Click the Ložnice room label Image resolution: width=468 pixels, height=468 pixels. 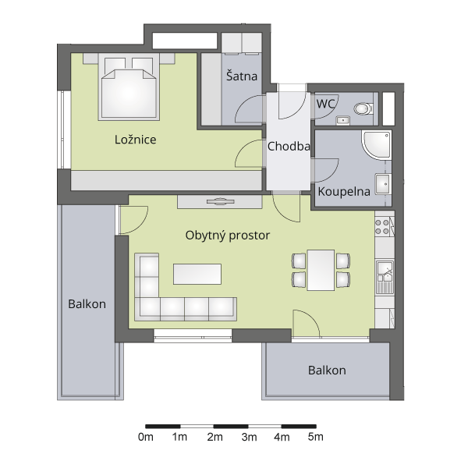click(136, 140)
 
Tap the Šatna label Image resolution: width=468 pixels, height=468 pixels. click(242, 76)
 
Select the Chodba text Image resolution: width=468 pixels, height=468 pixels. click(289, 147)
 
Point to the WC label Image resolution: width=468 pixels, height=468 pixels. click(325, 104)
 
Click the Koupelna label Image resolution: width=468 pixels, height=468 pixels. click(344, 191)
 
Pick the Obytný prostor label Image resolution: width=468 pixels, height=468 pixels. click(228, 236)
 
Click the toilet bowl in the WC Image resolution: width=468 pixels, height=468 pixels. click(363, 108)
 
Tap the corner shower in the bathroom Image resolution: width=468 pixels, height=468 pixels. click(377, 145)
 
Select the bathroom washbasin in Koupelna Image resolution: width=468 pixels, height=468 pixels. click(383, 184)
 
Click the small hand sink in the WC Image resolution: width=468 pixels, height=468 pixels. click(343, 120)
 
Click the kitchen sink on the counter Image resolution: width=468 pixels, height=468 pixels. click(385, 277)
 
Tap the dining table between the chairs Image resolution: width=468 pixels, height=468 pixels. click(321, 270)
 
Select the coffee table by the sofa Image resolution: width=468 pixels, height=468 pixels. click(197, 274)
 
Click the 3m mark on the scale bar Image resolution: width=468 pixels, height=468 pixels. click(249, 426)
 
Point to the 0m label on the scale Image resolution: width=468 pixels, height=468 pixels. click(146, 438)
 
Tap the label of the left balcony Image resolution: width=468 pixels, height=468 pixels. click(87, 304)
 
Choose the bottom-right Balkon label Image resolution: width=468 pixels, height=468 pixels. click(327, 370)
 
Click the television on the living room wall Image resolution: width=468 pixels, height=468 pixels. click(221, 202)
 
